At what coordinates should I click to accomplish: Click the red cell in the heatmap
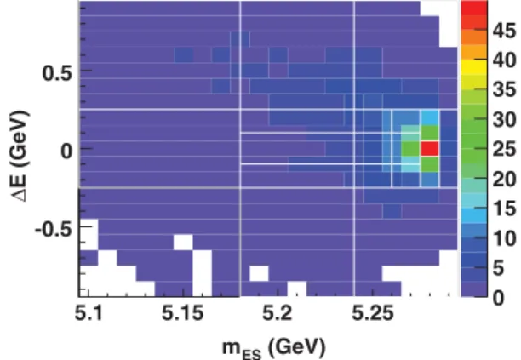click(430, 148)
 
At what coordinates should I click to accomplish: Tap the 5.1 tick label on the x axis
click(89, 313)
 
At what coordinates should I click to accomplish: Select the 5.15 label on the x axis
click(182, 313)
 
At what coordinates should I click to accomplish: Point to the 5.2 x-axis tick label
click(278, 313)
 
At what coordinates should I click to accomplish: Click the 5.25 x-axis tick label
click(373, 313)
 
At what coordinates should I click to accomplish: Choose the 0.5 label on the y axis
click(57, 73)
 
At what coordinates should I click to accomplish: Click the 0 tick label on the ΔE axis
click(66, 151)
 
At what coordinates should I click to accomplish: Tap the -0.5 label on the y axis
click(53, 230)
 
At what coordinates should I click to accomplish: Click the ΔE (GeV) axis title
click(20, 156)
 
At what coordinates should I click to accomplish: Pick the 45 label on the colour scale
click(504, 31)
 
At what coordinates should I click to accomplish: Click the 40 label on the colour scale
click(504, 60)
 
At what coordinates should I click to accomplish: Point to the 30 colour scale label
click(504, 119)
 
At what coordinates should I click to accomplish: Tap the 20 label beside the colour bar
click(504, 180)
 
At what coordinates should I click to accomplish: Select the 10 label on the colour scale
click(504, 238)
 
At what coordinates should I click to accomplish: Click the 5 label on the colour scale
click(498, 268)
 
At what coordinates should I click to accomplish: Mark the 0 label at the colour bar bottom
click(498, 298)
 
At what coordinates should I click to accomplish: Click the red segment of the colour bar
click(474, 9)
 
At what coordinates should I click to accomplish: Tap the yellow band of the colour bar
click(474, 66)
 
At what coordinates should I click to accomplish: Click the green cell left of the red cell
click(410, 148)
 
